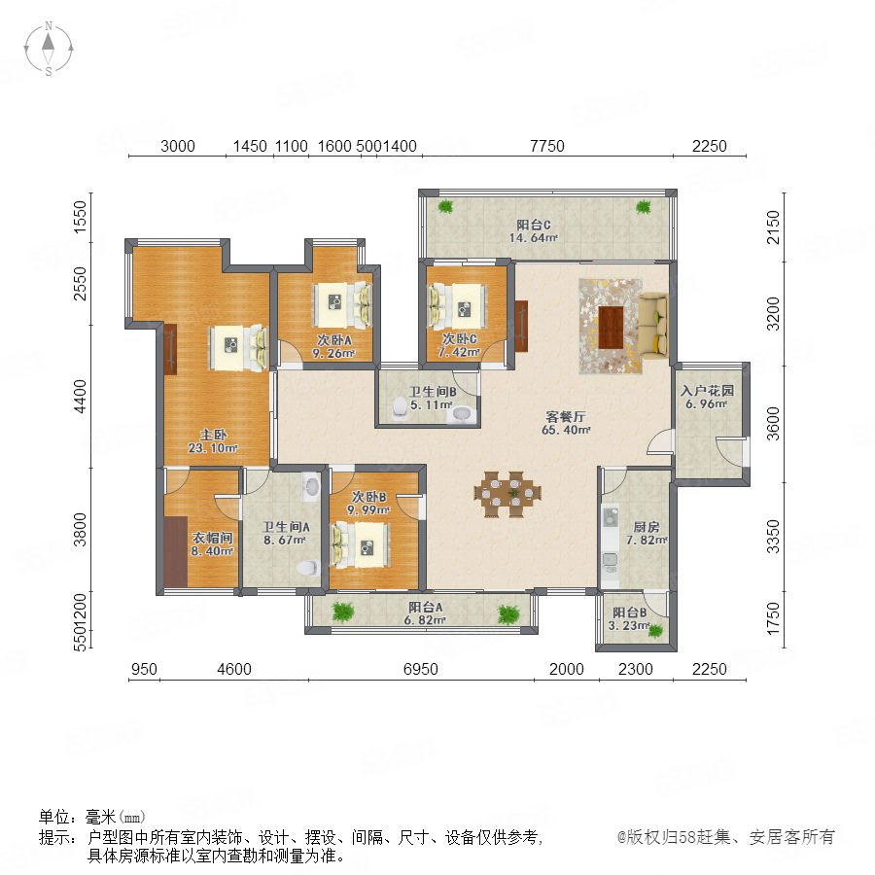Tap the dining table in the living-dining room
point(507,494)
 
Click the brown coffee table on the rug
point(611,327)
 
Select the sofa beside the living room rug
point(653,326)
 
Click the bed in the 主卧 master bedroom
point(238,348)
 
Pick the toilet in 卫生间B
point(400,407)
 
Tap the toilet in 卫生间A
point(306,568)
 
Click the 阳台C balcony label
point(533,225)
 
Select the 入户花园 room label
point(707,391)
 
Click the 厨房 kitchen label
point(647,527)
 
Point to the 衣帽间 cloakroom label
point(212,538)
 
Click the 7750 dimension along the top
point(546,146)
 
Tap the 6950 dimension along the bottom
point(421,669)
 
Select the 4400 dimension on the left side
point(81,397)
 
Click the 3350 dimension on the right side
point(773,536)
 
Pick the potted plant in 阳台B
point(655,631)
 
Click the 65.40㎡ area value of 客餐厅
point(566,430)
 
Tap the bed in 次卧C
point(455,307)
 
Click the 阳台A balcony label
point(425,607)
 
